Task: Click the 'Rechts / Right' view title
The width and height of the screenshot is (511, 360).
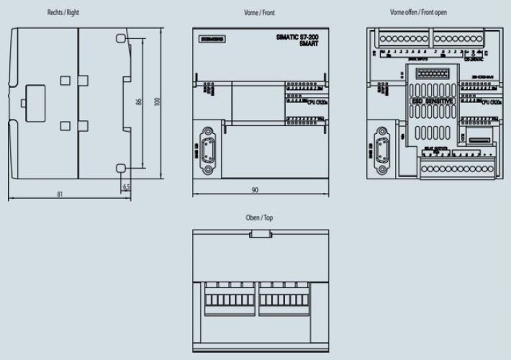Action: point(64,13)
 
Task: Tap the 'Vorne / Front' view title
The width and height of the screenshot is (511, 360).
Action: point(259,13)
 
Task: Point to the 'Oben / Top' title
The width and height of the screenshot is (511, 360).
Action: point(259,217)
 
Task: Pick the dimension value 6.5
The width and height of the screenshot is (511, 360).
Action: point(127,186)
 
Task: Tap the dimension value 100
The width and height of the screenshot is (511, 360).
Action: point(157,102)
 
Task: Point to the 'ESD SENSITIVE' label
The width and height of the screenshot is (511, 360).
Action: point(430,102)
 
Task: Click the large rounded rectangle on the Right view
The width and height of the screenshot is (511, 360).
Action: point(34,100)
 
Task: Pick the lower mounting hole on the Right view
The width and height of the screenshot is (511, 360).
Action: point(121,168)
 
